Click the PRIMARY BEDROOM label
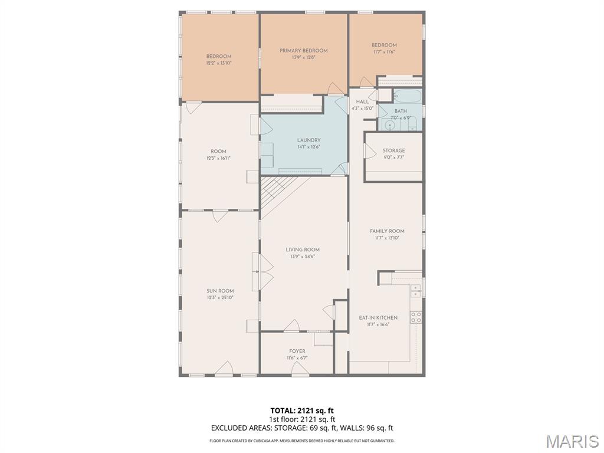pyautogui.click(x=303, y=51)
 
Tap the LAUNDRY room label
pyautogui.click(x=308, y=140)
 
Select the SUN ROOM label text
pyautogui.click(x=220, y=291)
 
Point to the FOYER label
pyautogui.click(x=297, y=352)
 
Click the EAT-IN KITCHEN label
pyautogui.click(x=378, y=318)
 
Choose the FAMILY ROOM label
pyautogui.click(x=387, y=231)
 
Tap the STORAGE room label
pyautogui.click(x=393, y=151)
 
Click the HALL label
pyautogui.click(x=362, y=102)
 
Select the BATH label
pyautogui.click(x=401, y=111)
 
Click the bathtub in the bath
pyautogui.click(x=408, y=97)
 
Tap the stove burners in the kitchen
pyautogui.click(x=416, y=317)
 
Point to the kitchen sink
pyautogui.click(x=416, y=290)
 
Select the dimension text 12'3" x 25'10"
pyautogui.click(x=220, y=298)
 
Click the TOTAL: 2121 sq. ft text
pyautogui.click(x=302, y=410)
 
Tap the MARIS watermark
pyautogui.click(x=572, y=441)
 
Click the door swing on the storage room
pyautogui.click(x=370, y=152)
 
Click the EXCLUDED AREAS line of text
pyautogui.click(x=302, y=428)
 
